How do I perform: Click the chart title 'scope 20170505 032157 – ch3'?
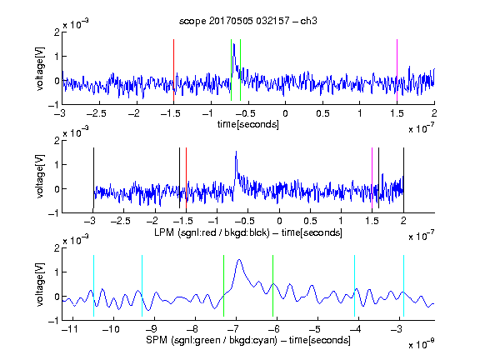(248, 21)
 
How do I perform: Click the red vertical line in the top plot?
(173, 70)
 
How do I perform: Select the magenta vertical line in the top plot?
(397, 70)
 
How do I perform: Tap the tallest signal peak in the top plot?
(234, 44)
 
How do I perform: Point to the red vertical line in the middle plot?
(186, 177)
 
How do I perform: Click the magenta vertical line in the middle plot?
(372, 177)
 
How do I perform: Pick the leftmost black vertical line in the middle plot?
(93, 177)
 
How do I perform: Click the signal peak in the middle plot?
(236, 152)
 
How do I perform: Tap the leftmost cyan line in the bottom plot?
(93, 286)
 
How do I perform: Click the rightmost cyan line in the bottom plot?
(403, 286)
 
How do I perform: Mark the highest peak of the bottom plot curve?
(239, 260)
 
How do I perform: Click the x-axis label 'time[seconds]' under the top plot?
(248, 124)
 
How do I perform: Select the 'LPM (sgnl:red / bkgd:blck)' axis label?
(212, 232)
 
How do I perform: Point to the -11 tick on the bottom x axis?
(72, 329)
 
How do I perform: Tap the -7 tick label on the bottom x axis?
(234, 329)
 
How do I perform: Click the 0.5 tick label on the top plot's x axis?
(322, 113)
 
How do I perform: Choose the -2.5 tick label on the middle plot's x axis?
(122, 221)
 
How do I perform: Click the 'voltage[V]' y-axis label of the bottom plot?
(40, 284)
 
